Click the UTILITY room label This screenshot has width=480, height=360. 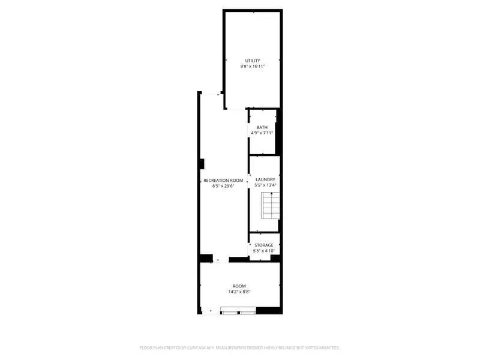tap(253, 60)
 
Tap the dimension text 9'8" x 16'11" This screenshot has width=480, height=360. tap(253, 66)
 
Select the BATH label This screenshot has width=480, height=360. tap(262, 127)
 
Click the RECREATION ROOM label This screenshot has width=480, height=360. tap(223, 181)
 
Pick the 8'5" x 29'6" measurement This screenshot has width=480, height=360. tap(223, 187)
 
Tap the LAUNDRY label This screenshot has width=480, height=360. tap(265, 180)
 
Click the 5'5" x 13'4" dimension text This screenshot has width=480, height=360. tap(265, 186)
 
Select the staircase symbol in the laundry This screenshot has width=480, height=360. tap(271, 208)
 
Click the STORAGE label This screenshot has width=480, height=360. tap(264, 245)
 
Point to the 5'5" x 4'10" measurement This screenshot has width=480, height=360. tap(264, 251)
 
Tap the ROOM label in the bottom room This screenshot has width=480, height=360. tap(239, 286)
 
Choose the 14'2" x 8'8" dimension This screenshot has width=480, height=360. tap(239, 292)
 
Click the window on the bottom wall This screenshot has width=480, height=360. tap(239, 311)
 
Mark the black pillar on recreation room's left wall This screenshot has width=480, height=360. tap(202, 164)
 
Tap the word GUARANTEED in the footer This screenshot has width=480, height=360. tap(325, 348)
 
